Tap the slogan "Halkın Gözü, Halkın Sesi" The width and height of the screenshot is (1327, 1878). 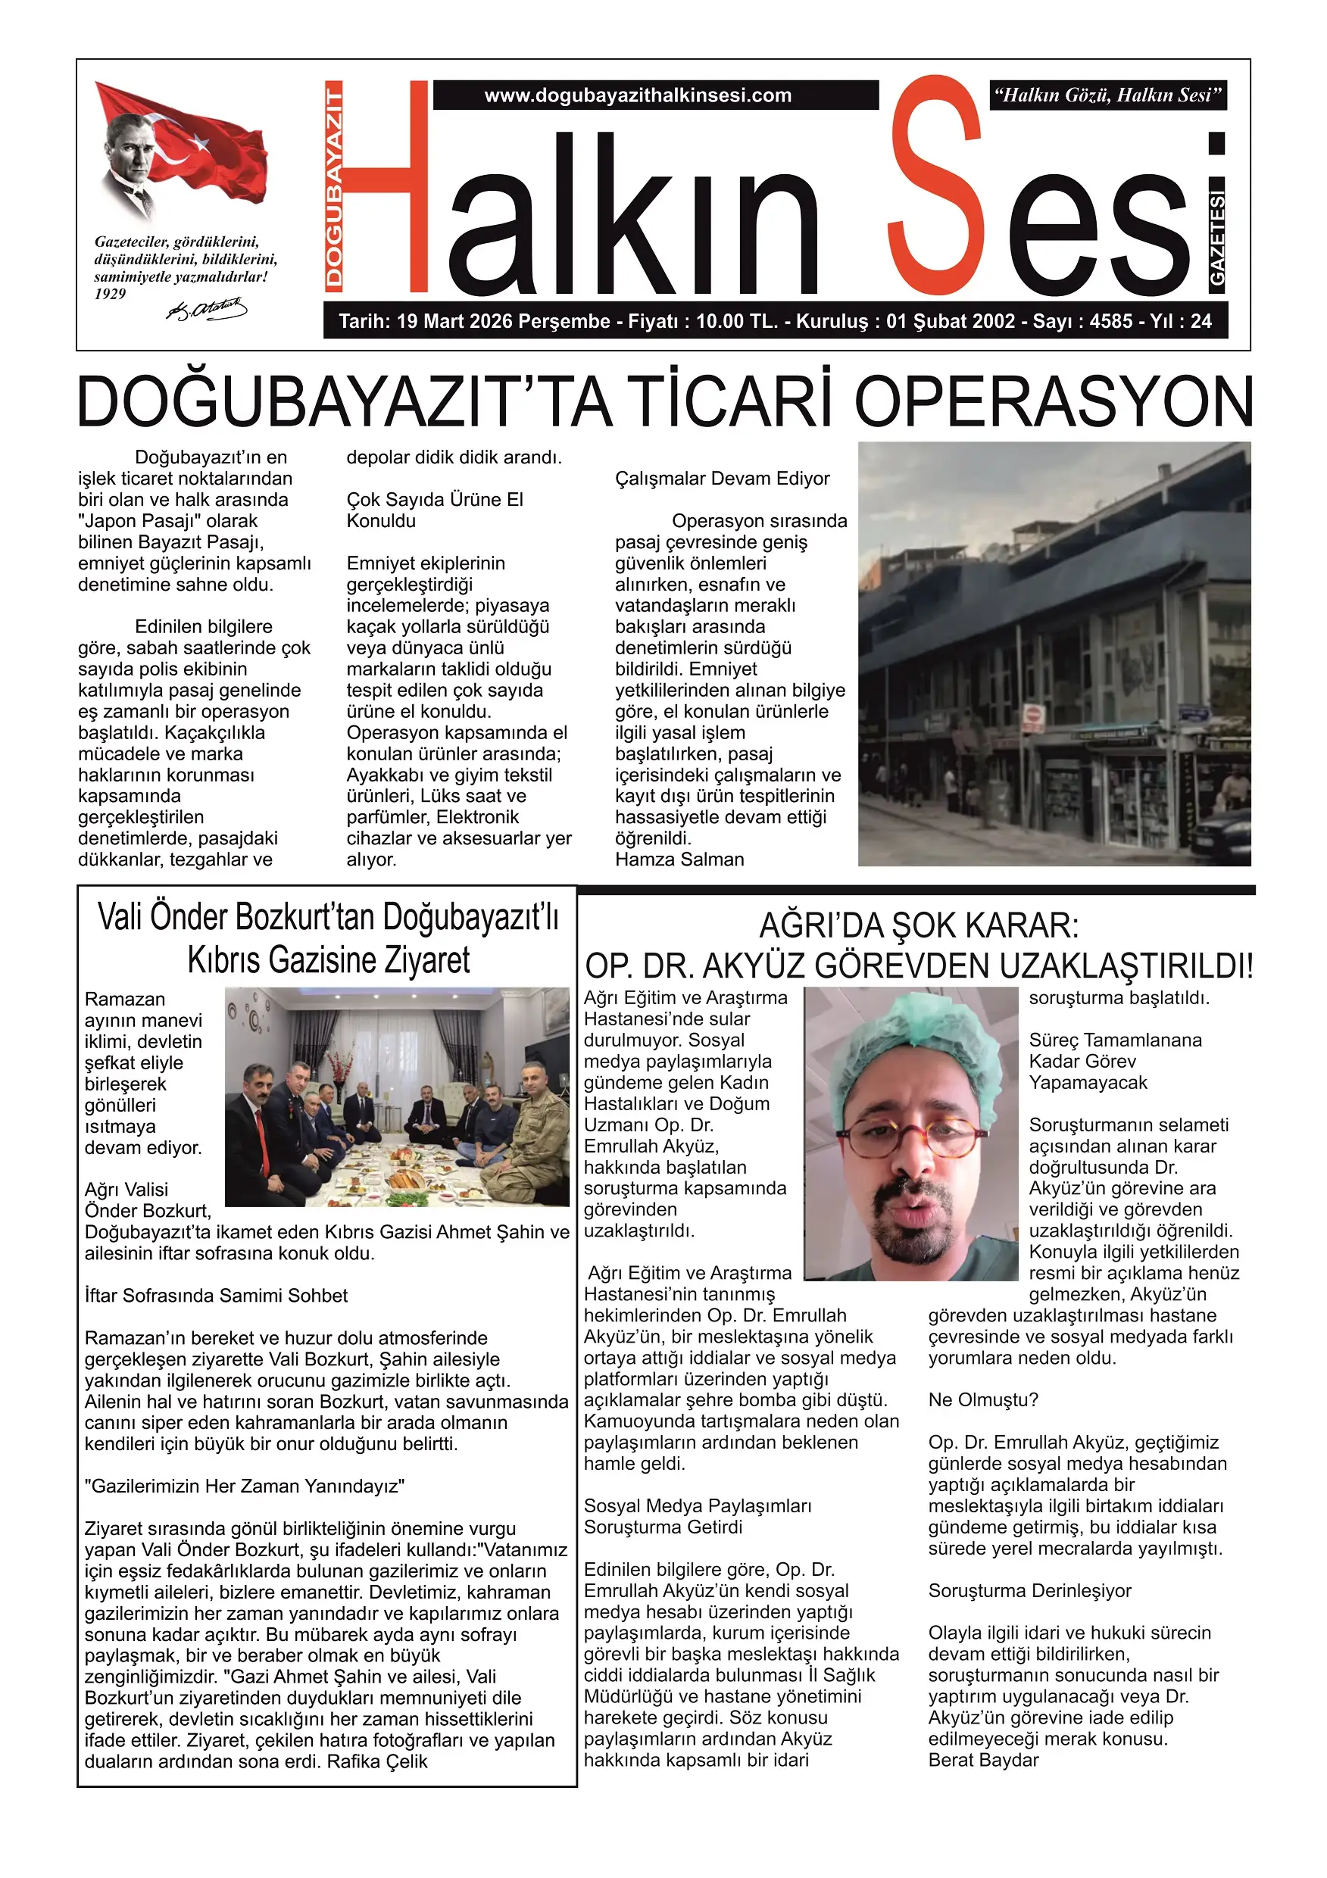click(1108, 95)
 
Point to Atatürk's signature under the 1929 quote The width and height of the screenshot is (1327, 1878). click(206, 309)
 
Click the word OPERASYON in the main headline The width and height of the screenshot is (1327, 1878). click(1054, 402)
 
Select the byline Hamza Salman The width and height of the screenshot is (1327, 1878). click(679, 859)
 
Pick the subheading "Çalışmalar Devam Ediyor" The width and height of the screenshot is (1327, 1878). click(722, 479)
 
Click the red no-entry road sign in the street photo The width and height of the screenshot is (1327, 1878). click(1032, 713)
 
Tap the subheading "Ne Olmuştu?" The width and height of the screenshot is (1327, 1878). click(982, 1400)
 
